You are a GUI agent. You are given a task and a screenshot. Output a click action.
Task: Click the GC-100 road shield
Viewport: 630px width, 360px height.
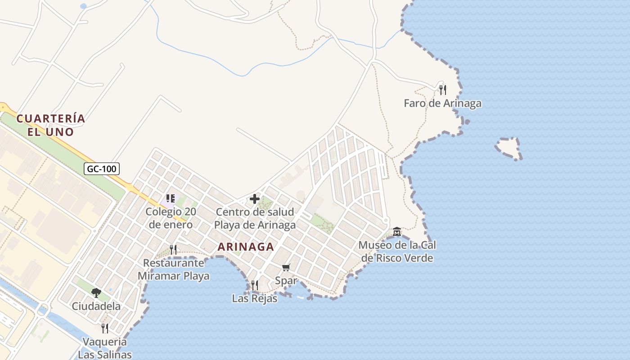[102, 169]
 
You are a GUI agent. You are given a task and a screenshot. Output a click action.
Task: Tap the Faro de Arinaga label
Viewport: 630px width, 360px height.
[442, 103]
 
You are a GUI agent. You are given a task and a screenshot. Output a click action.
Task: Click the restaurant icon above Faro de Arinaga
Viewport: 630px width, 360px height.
[443, 90]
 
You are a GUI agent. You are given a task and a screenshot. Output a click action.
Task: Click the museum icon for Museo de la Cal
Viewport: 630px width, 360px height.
[397, 232]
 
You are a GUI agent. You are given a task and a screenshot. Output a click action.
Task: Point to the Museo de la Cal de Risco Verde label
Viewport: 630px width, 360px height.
[397, 252]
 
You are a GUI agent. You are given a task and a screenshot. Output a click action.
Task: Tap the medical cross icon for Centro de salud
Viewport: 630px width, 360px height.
[255, 199]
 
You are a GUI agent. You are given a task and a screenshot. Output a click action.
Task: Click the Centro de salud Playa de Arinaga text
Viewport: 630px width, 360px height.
[255, 218]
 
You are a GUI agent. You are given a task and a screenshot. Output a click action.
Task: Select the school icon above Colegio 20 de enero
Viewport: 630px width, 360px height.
[171, 198]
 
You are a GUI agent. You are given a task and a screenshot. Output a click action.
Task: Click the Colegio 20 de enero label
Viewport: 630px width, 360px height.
[171, 218]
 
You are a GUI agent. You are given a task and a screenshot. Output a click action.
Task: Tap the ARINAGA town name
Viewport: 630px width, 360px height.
[246, 247]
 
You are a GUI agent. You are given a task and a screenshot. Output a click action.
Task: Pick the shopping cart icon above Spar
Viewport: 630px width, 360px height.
[286, 268]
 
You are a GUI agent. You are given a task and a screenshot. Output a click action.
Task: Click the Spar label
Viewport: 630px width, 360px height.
[286, 281]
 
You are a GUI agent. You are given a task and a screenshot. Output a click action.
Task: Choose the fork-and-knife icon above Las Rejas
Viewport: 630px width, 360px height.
[255, 285]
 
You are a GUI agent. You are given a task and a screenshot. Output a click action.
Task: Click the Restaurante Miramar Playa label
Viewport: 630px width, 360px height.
[173, 269]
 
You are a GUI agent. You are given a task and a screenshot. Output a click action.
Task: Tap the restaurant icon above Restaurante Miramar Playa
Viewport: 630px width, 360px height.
[173, 249]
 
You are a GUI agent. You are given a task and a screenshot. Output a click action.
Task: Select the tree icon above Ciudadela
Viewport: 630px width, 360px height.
[96, 293]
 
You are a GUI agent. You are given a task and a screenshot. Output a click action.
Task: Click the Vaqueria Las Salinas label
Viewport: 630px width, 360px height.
[104, 348]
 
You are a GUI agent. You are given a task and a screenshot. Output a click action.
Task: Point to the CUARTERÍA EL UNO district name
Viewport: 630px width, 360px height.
[50, 125]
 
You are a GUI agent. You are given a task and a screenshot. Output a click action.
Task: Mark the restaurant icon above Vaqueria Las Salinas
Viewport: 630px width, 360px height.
[105, 328]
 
